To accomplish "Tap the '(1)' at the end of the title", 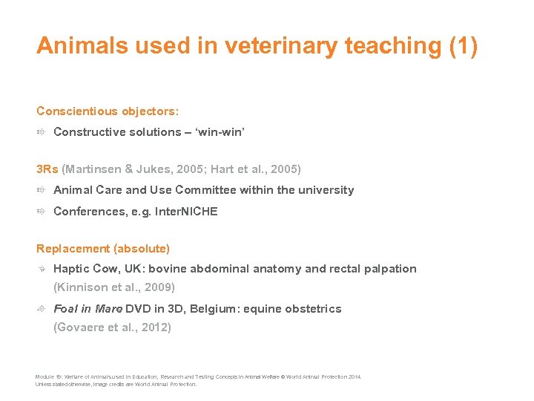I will click(x=464, y=46).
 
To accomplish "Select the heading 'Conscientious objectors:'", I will click(x=108, y=111).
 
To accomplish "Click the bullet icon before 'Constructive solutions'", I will click(x=42, y=131).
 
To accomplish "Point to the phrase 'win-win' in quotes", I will click(x=218, y=131).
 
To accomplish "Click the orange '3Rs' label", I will click(x=47, y=169).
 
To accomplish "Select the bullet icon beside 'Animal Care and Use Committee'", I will click(x=42, y=190).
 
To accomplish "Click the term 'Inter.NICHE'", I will click(x=186, y=212).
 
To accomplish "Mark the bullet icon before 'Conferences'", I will click(x=42, y=212).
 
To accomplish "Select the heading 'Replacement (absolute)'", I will click(x=103, y=249).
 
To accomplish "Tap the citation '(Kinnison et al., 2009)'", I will click(x=114, y=287).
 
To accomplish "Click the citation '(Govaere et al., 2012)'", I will click(x=113, y=327).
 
